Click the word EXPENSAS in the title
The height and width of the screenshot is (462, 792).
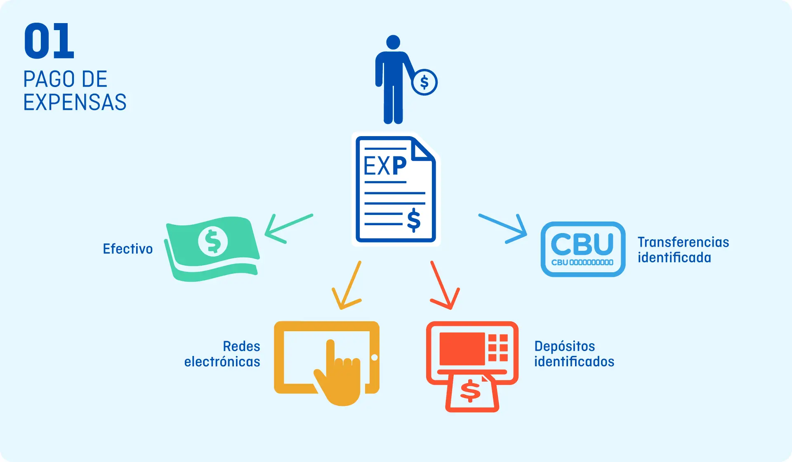click(x=75, y=102)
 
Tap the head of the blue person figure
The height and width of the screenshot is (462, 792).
click(x=393, y=42)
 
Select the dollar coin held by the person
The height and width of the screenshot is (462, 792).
click(x=424, y=82)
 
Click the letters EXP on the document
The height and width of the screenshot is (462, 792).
click(x=385, y=166)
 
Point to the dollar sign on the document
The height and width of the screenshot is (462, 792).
click(x=414, y=220)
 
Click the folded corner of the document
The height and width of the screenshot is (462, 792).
click(x=423, y=149)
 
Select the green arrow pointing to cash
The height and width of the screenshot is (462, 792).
click(x=288, y=229)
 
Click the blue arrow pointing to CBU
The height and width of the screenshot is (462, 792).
click(x=503, y=229)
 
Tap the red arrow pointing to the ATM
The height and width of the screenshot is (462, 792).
click(x=445, y=285)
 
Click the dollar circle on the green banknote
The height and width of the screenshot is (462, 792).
click(x=213, y=241)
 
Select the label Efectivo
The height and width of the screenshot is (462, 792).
click(x=128, y=249)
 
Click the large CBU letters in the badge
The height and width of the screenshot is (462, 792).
click(x=582, y=244)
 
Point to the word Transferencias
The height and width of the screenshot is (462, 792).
click(x=684, y=242)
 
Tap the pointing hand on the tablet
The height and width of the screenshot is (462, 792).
click(x=338, y=373)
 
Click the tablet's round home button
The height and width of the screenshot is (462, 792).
click(x=375, y=357)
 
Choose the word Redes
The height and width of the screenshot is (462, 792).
click(x=242, y=346)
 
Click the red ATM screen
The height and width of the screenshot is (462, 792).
click(x=462, y=349)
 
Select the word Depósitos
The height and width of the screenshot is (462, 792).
click(x=565, y=346)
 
